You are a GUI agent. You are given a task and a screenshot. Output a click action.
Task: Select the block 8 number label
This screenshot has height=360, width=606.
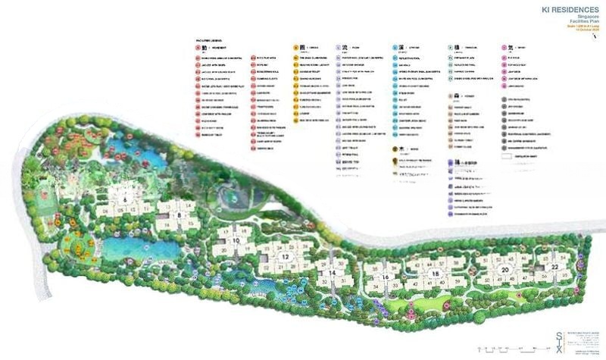tap(179, 215)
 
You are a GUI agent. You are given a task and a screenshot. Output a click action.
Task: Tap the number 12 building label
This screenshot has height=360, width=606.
tap(286, 257)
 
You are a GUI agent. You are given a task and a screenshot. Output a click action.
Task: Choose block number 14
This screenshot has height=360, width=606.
tap(331, 273)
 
